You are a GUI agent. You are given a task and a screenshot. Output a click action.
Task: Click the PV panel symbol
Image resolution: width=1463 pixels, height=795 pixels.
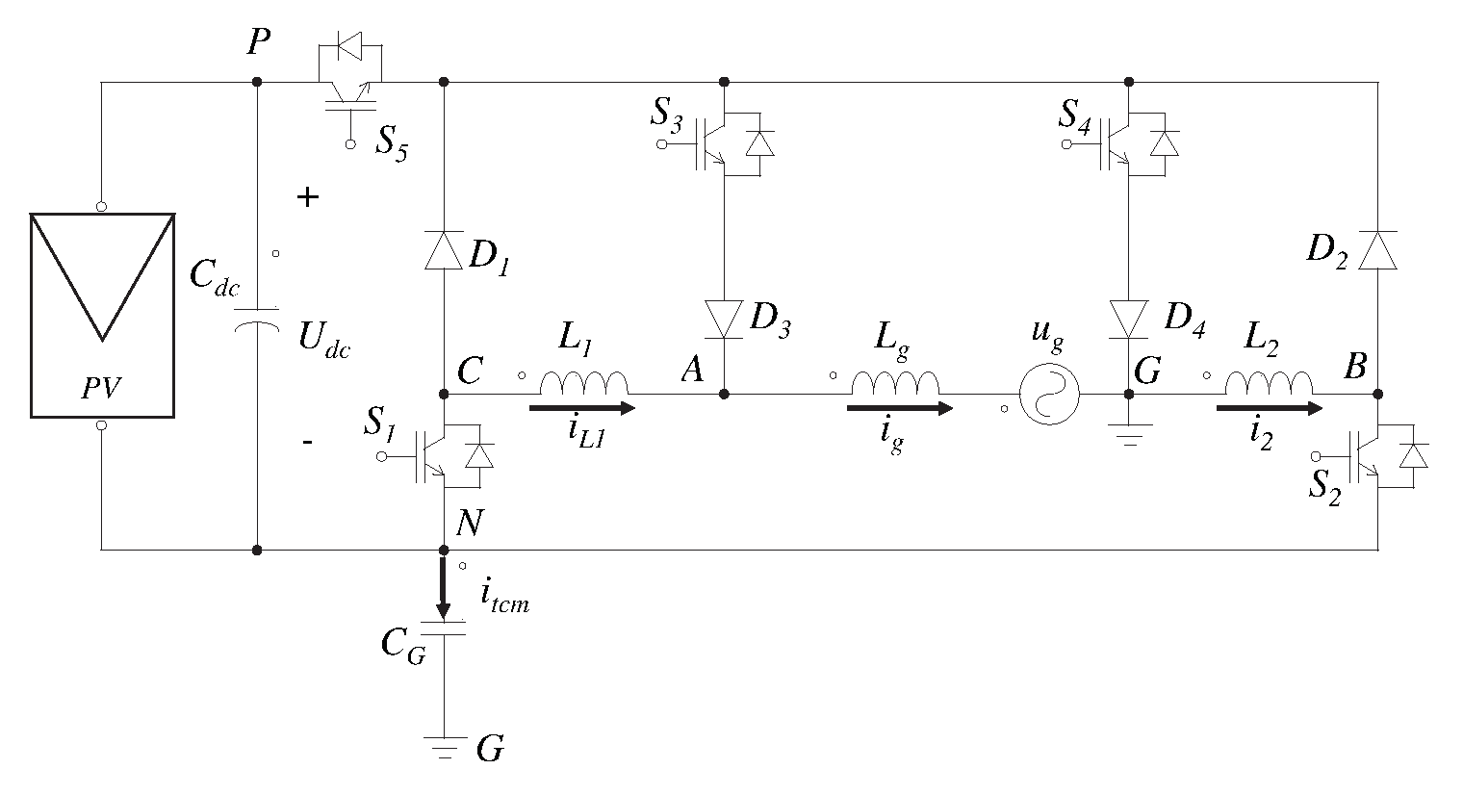(102, 316)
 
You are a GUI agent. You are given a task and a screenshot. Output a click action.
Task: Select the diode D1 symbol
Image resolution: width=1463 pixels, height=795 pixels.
(444, 249)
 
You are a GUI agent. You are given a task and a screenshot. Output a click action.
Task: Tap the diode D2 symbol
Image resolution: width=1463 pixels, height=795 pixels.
(1377, 249)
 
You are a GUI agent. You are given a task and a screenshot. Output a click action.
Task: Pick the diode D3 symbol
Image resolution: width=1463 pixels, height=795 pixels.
(724, 319)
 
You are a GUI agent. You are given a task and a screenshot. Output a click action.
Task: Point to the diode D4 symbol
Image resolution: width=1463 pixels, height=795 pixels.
(1129, 319)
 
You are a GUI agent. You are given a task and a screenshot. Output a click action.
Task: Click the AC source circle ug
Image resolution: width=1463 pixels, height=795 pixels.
(1050, 395)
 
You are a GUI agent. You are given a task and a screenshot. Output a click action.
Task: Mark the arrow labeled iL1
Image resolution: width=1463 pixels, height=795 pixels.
(581, 408)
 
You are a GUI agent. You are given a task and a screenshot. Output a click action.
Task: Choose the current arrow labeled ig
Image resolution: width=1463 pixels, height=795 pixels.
(899, 408)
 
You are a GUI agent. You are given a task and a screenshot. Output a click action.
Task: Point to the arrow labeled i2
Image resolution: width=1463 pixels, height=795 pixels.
(1270, 408)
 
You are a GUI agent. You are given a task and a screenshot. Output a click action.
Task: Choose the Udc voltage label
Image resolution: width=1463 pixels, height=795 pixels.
(322, 342)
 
